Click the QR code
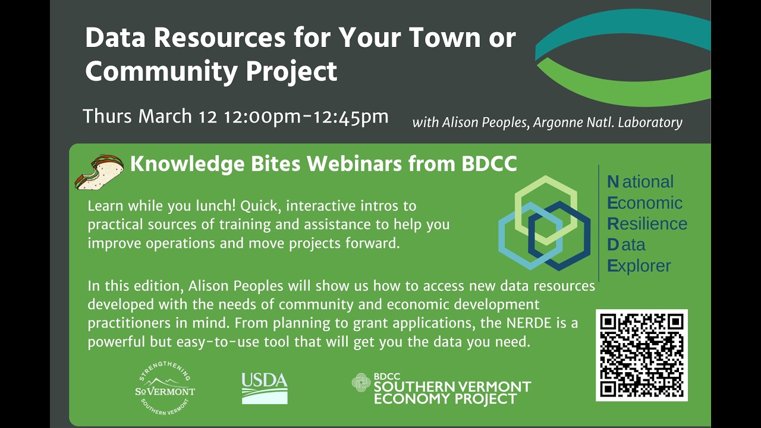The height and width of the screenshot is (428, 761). [x=641, y=355]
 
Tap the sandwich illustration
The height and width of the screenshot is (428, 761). [x=99, y=172]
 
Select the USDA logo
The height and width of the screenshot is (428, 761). [x=265, y=388]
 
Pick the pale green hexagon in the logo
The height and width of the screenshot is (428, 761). [x=546, y=188]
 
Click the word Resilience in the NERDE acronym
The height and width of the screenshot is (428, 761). [x=647, y=224]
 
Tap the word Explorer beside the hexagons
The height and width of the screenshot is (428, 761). [x=639, y=265]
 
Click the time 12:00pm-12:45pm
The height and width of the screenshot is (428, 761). [x=306, y=117]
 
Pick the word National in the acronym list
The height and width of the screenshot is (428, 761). [x=641, y=182]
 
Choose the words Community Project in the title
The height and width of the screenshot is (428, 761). [x=211, y=71]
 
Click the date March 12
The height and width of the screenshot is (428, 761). [x=177, y=117]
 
